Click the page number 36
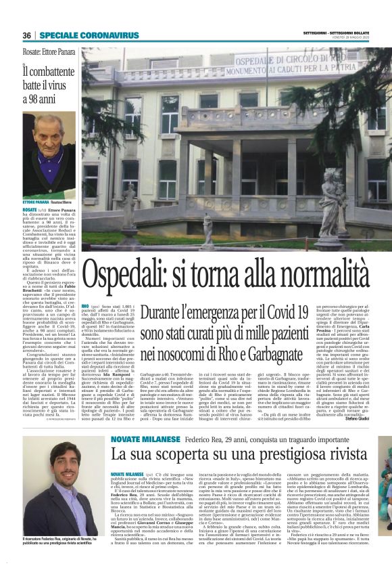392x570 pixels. pos(27,35)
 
